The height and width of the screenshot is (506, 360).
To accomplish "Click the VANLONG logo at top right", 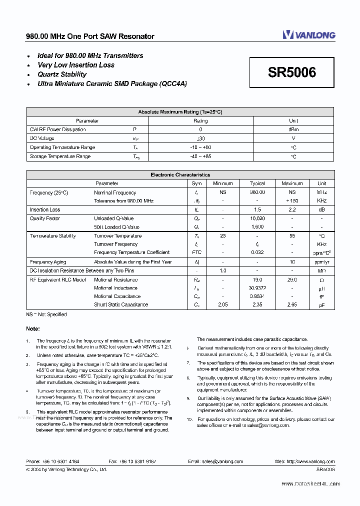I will [x=308, y=34].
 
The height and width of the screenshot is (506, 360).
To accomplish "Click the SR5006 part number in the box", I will [x=292, y=72].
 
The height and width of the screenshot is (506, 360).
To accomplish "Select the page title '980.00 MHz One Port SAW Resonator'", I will [x=90, y=36].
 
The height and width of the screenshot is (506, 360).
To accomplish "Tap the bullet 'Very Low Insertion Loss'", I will [x=76, y=65].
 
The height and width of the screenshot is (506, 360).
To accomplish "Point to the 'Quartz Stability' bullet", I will [x=62, y=74].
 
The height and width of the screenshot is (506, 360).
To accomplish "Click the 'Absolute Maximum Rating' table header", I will [x=179, y=112].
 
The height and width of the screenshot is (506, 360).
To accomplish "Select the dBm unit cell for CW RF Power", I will [x=293, y=129].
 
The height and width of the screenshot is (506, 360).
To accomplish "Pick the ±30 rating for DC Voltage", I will [x=200, y=138].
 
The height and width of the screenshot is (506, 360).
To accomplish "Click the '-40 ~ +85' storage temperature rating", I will [x=200, y=156].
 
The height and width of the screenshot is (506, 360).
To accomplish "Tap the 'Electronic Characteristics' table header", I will [x=180, y=175].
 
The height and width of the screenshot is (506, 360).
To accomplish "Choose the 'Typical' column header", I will [x=257, y=183].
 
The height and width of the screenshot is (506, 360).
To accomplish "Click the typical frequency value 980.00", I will [x=257, y=192].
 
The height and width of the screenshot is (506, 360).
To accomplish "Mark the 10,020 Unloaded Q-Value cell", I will [x=257, y=218].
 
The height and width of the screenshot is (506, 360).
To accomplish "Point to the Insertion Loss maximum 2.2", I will [x=292, y=210].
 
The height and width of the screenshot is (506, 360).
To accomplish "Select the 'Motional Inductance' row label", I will [x=115, y=288].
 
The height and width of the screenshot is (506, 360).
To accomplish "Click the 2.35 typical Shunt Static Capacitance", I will [x=257, y=304].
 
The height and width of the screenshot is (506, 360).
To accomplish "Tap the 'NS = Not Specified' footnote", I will [x=46, y=314].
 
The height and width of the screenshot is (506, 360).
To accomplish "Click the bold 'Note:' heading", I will [x=33, y=328].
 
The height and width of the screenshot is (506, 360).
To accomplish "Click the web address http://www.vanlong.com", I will [x=312, y=462].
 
